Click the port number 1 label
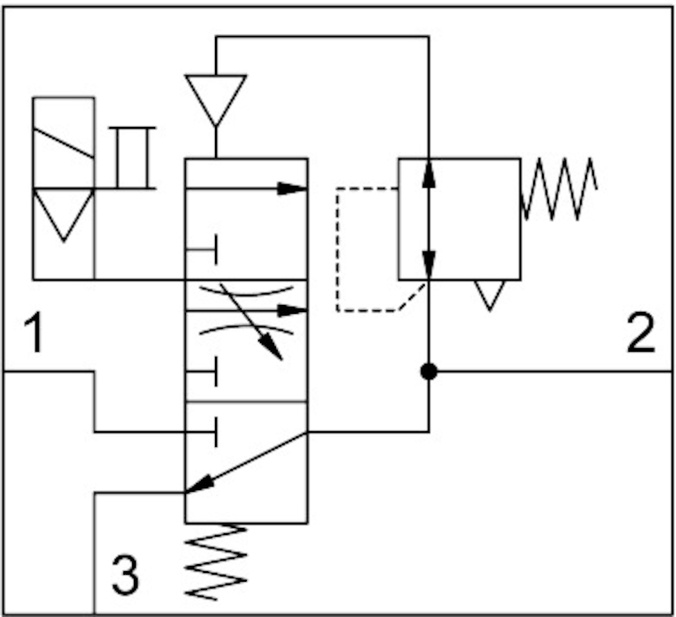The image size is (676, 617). pos(34,334)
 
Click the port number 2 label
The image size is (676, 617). pos(642,334)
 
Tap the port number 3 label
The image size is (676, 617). pos(125,575)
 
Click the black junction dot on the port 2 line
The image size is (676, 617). pos(429,372)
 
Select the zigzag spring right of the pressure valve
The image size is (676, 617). pos(560,188)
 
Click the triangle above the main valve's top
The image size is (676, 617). pos(216,98)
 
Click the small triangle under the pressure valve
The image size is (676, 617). pos(490,294)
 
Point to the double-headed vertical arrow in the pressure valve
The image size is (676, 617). pos(429,218)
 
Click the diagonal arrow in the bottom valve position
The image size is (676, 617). pos(246,461)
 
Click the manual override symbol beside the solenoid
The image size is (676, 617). pos(132,159)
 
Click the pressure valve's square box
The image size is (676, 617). pos(459,219)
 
